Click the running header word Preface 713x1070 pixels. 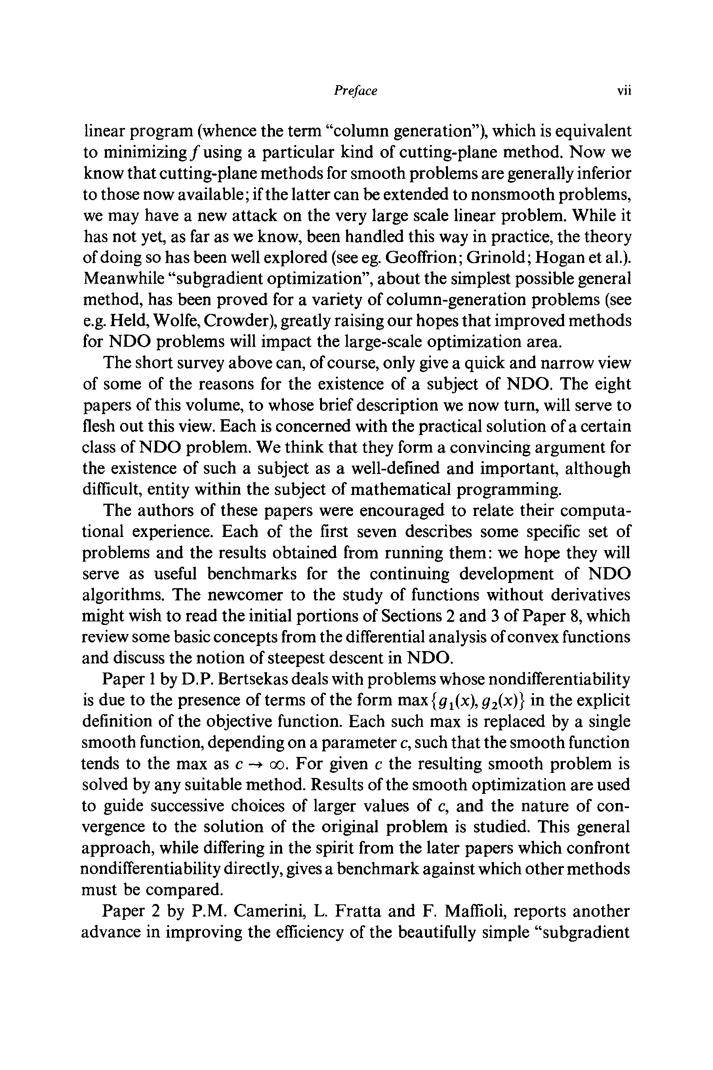click(x=355, y=91)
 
